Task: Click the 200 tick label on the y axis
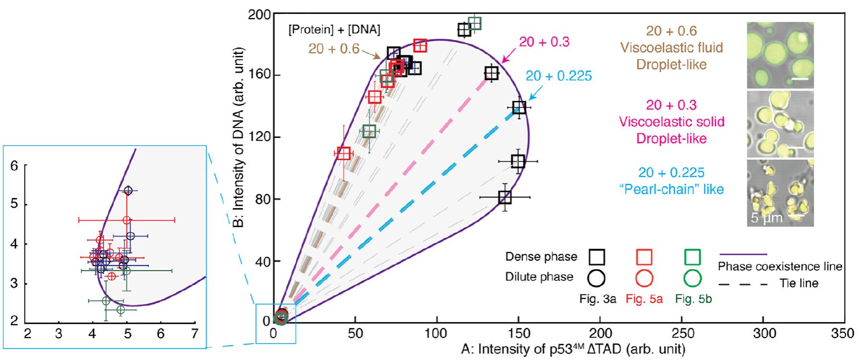point(259,14)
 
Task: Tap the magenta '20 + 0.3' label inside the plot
point(544,42)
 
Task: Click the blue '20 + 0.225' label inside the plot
point(559,76)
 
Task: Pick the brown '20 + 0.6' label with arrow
point(333,49)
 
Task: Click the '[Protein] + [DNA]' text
point(334,30)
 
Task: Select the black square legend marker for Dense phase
point(597,257)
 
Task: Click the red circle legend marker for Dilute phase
point(644,278)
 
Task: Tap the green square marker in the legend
point(692,257)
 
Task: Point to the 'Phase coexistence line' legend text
point(780,267)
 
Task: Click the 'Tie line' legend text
point(799,283)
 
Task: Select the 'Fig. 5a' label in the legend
point(644,299)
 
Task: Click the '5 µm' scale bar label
point(766,218)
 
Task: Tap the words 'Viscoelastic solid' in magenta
point(672,122)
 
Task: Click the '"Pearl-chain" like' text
point(672,189)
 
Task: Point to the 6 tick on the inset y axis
point(14,165)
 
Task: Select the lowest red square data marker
point(343,153)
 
